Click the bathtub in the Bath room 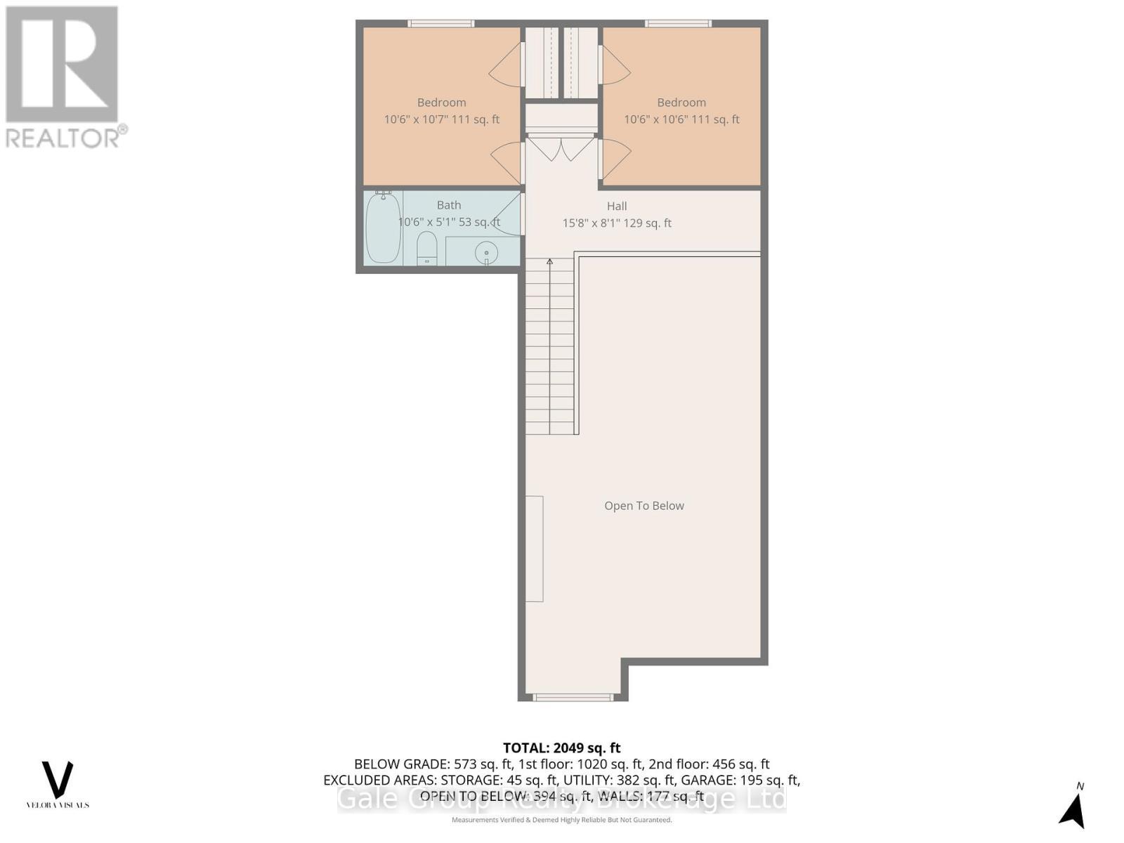(384, 228)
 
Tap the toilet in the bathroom (427, 249)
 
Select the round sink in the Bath (486, 252)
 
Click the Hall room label (617, 206)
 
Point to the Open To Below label (644, 506)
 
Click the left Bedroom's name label (441, 103)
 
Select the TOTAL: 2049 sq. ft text (561, 748)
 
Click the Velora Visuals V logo (58, 780)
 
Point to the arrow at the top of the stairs (550, 262)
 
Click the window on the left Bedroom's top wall (441, 24)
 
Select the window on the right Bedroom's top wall (678, 24)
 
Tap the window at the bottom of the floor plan (573, 698)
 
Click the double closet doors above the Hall (561, 148)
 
